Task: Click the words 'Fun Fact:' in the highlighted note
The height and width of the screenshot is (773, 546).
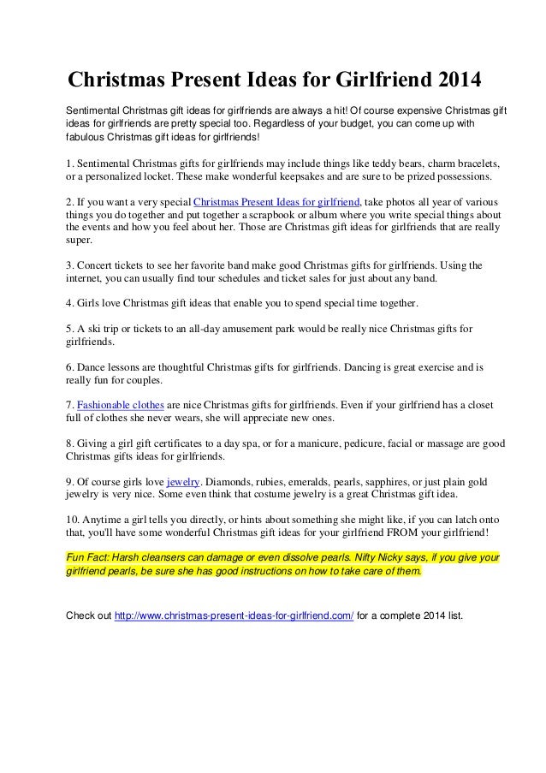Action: point(90,556)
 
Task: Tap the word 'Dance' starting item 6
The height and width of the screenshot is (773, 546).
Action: point(93,366)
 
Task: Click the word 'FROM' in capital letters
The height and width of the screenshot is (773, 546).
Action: point(396,532)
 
